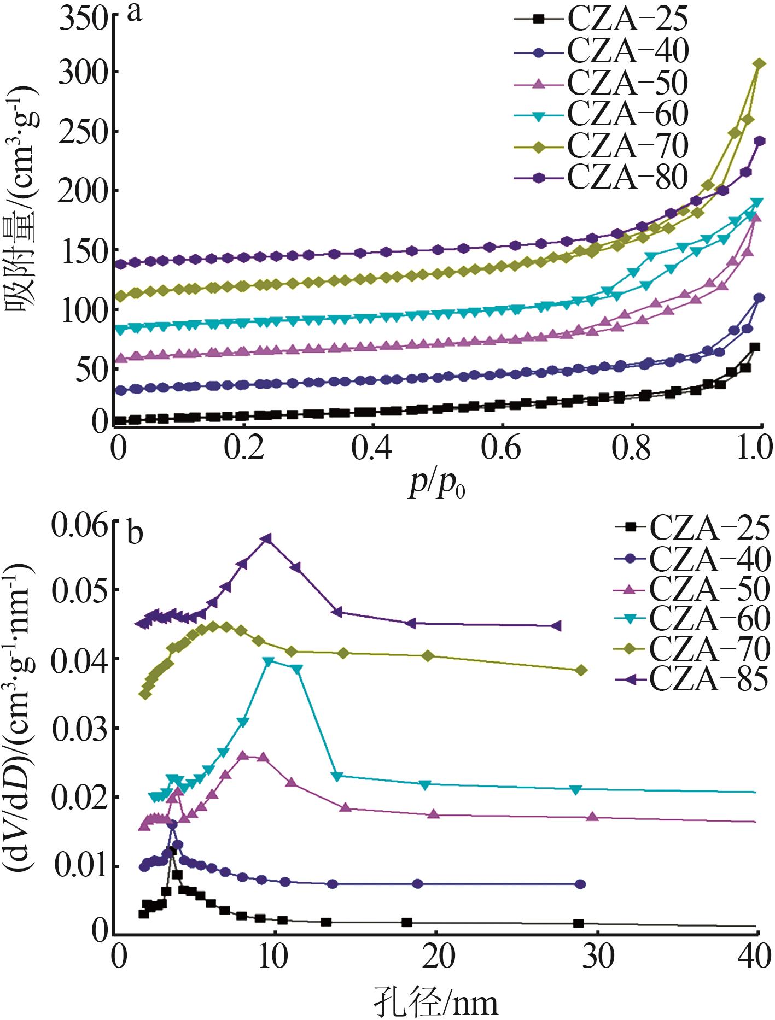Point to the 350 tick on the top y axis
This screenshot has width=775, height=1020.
click(x=83, y=19)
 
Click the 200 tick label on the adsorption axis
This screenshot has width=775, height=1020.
click(x=83, y=191)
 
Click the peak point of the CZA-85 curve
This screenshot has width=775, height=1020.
click(x=266, y=538)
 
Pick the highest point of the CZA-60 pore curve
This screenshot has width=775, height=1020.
click(x=268, y=661)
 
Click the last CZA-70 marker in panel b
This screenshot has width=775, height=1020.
click(x=581, y=670)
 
